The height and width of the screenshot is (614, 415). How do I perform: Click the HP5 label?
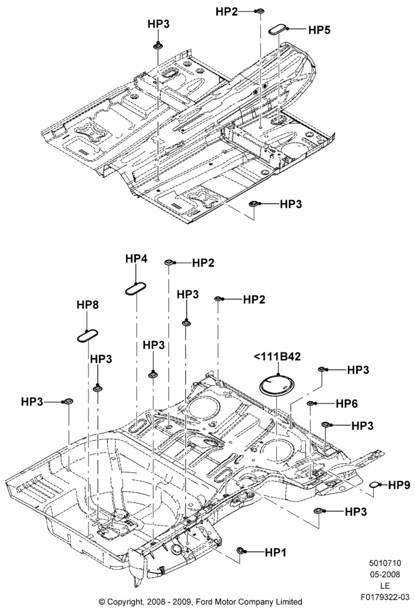pyautogui.click(x=319, y=29)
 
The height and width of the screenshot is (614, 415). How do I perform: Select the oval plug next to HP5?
pyautogui.click(x=277, y=29)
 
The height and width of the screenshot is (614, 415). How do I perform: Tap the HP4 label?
pyautogui.click(x=136, y=259)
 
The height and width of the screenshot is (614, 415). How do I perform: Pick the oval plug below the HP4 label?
pyautogui.click(x=136, y=289)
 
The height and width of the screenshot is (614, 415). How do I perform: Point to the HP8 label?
pyautogui.click(x=88, y=305)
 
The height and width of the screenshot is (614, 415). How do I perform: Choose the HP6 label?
pyautogui.click(x=346, y=404)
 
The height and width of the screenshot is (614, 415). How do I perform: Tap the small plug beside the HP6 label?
pyautogui.click(x=311, y=403)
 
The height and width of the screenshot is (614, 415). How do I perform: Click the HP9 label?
pyautogui.click(x=399, y=486)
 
